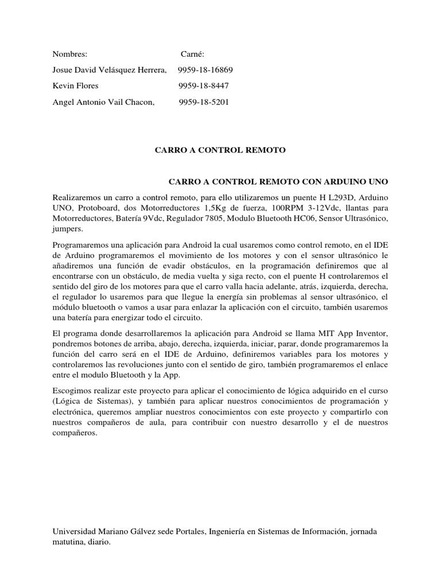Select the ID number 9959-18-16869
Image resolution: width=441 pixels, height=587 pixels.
pyautogui.click(x=202, y=70)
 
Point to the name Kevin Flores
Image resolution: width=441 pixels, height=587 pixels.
pyautogui.click(x=75, y=86)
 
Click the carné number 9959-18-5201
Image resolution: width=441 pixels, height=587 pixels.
pyautogui.click(x=204, y=102)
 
